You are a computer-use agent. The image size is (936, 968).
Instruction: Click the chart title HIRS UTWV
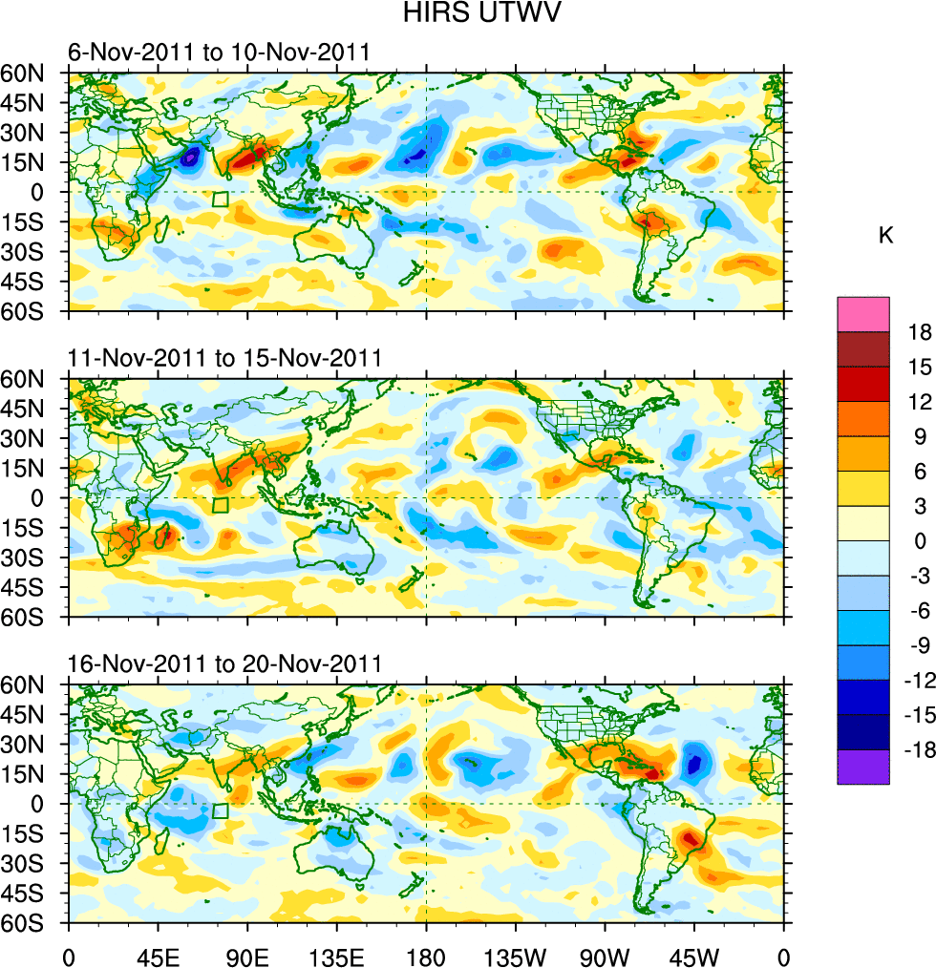467,13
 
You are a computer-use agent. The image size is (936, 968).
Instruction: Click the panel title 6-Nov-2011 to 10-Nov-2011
218,52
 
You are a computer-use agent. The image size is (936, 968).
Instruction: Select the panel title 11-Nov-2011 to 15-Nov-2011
224,358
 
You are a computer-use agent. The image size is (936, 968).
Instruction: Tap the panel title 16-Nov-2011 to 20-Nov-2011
224,663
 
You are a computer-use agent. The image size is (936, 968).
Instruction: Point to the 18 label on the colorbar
920,331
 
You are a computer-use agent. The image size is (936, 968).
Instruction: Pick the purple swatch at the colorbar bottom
862,767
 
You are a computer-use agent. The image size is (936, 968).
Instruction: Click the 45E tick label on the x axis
158,955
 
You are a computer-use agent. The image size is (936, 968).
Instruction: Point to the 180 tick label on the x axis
426,955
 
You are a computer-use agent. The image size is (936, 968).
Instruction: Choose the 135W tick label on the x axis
515,955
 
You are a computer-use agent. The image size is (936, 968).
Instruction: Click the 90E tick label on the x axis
247,955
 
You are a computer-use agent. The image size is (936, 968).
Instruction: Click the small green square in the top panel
221,200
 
